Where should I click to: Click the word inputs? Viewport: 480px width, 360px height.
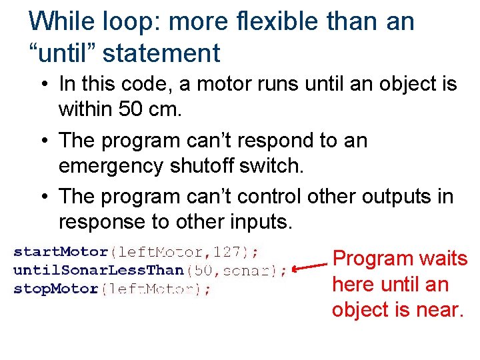pos(257,221)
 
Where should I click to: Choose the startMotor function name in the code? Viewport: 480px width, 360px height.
pos(61,252)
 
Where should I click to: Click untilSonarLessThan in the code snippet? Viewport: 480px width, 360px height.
pos(99,271)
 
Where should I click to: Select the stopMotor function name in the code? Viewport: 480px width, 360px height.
pos(56,289)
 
